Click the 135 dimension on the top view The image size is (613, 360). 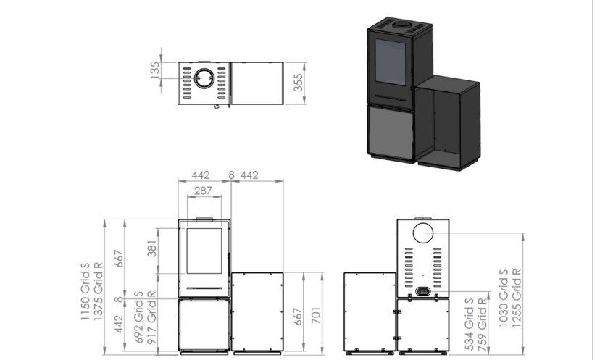pyautogui.click(x=155, y=70)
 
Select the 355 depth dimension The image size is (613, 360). pyautogui.click(x=298, y=83)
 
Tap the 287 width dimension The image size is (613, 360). pyautogui.click(x=204, y=191)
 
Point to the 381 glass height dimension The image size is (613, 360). pyautogui.click(x=152, y=248)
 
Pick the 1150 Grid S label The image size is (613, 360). pyautogui.click(x=86, y=291)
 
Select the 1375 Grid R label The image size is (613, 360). pyautogui.click(x=98, y=291)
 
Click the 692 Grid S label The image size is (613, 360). pyautogui.click(x=138, y=317)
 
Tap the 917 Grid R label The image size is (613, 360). pyautogui.click(x=151, y=317)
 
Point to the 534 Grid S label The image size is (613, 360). pyautogui.click(x=469, y=324)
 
